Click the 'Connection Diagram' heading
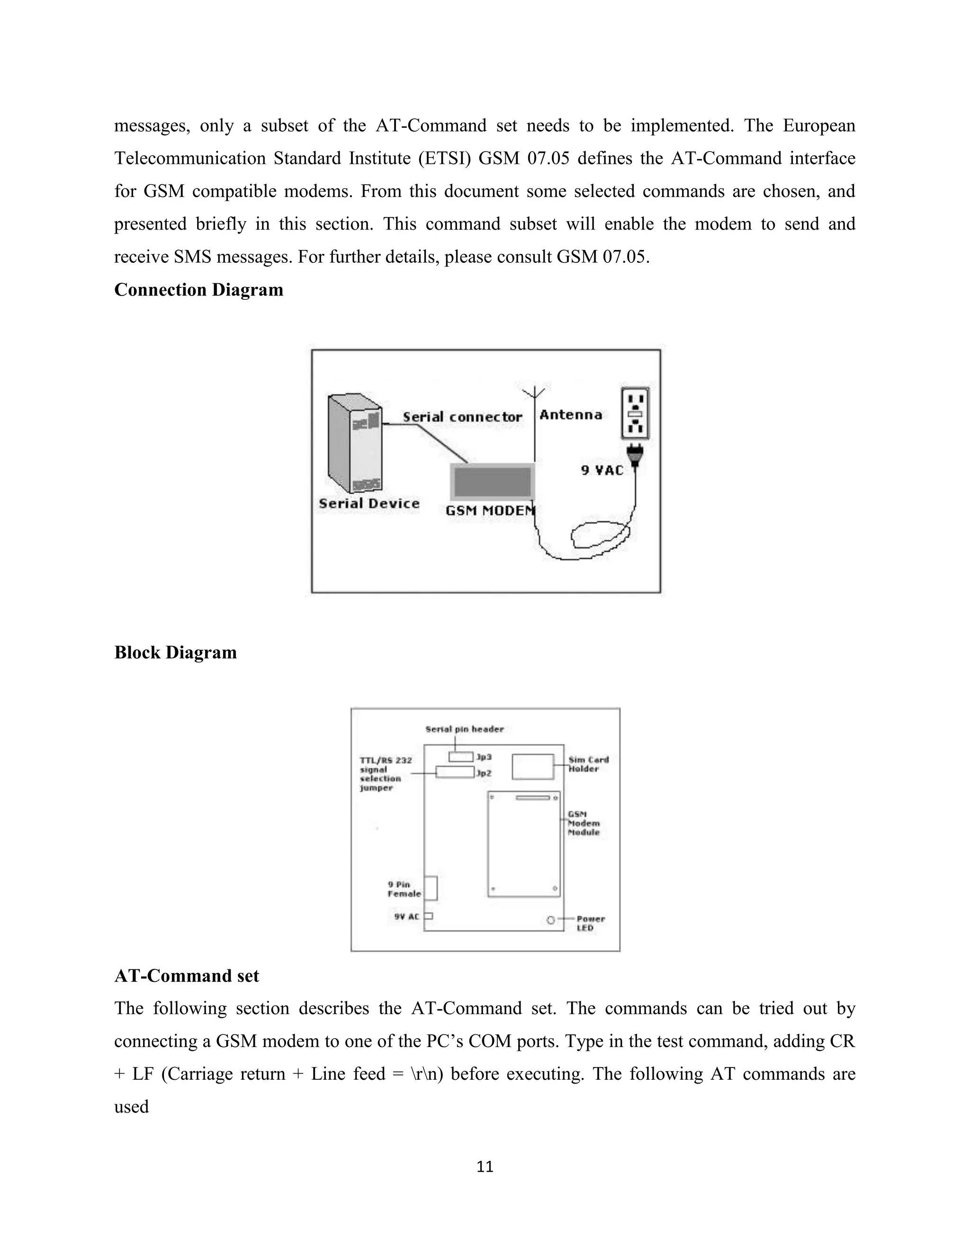198,290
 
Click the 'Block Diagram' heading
175,652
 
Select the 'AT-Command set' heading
186,976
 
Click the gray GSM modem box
493,482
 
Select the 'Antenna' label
571,415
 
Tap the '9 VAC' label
602,470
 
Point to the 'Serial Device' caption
369,503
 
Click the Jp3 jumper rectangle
461,757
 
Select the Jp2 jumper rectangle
455,772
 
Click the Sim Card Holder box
533,767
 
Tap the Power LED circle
550,920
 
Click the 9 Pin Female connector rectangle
431,888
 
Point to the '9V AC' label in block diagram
406,916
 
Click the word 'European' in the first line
819,126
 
